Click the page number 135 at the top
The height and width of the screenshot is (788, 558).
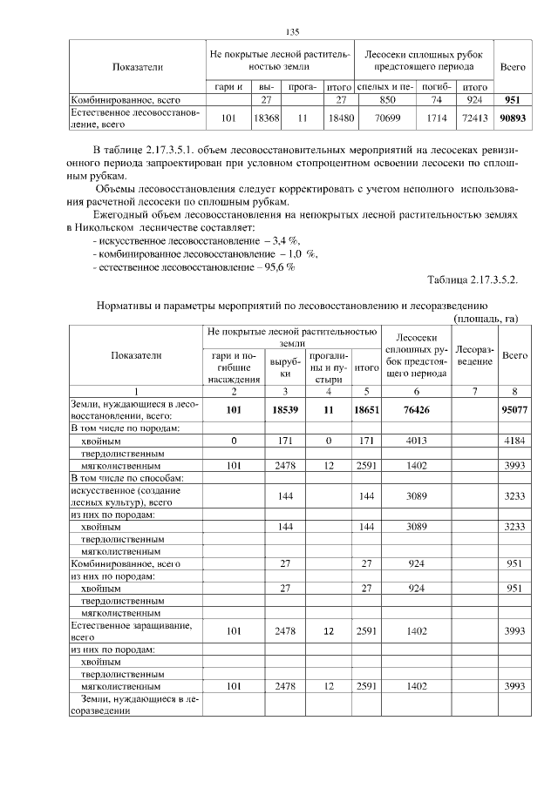pyautogui.click(x=292, y=32)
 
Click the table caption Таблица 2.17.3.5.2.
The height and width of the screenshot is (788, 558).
pyautogui.click(x=473, y=280)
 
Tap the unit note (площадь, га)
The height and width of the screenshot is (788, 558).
pyautogui.click(x=486, y=319)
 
